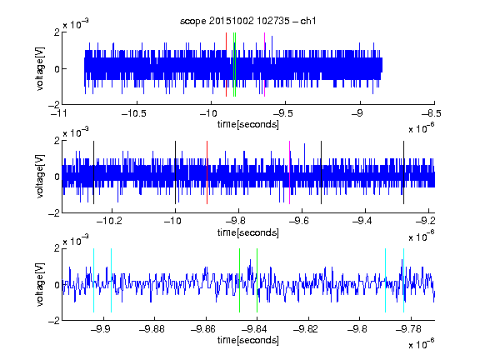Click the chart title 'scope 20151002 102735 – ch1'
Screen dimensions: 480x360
point(248,21)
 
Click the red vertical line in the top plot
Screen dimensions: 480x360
point(226,65)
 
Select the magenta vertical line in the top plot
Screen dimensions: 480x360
point(264,65)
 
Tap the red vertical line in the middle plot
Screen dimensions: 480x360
point(207,172)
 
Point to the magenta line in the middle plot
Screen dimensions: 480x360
point(290,172)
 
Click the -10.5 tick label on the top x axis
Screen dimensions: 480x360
point(134,113)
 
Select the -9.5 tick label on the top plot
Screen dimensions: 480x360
point(282,113)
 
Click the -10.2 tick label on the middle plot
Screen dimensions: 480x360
point(109,221)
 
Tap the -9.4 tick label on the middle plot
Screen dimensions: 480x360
point(362,221)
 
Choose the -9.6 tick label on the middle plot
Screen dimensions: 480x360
point(299,221)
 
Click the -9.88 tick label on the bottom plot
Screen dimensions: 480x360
point(152,329)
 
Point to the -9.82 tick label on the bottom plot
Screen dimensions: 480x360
point(306,329)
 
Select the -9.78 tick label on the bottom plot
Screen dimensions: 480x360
point(408,329)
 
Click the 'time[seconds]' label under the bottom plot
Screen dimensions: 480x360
point(248,340)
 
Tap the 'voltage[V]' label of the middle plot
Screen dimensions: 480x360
point(40,177)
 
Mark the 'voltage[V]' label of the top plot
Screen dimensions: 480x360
point(40,68)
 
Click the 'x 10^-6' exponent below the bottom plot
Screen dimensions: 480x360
point(421,344)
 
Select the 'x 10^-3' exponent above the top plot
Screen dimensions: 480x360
point(76,24)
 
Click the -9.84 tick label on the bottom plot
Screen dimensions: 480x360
point(254,329)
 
